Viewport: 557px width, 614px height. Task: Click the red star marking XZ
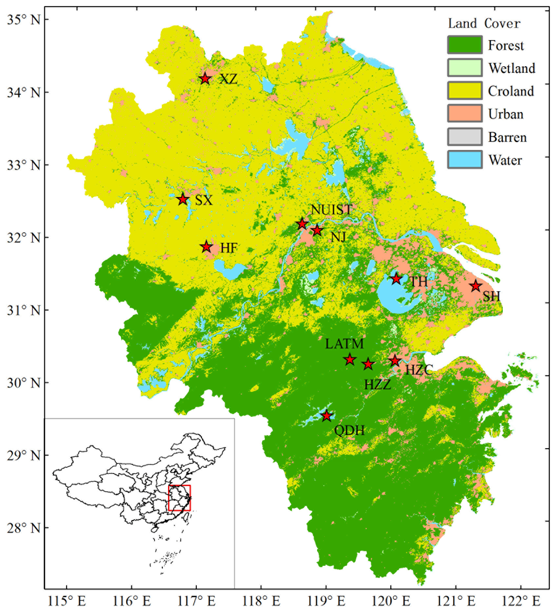(x=205, y=79)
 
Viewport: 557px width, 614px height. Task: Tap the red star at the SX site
(x=183, y=199)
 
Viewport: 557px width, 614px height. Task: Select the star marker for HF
(x=206, y=247)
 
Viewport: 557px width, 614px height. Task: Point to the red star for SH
(x=476, y=286)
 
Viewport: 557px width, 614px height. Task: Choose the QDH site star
(x=327, y=416)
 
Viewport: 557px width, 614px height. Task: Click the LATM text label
(x=344, y=344)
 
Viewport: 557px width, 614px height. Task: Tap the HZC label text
(x=419, y=370)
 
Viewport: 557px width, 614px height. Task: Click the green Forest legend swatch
(x=465, y=45)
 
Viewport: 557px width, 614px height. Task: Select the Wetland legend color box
(x=465, y=68)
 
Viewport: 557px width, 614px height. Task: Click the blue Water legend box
(x=465, y=160)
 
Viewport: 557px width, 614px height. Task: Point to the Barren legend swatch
(x=465, y=137)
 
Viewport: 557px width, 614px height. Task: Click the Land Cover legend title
(x=484, y=23)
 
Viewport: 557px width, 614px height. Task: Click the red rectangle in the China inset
(x=180, y=498)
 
